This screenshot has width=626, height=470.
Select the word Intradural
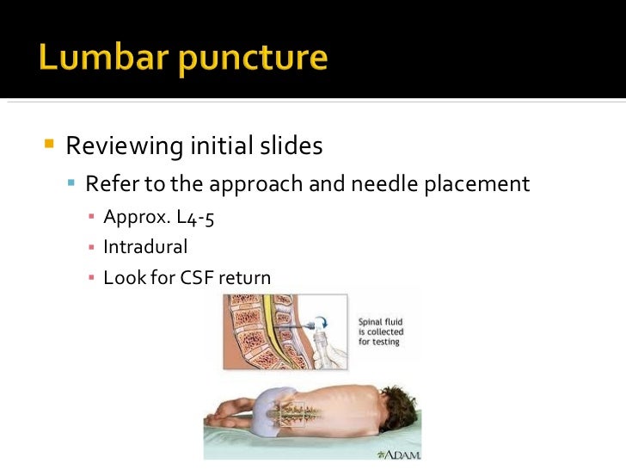(144, 247)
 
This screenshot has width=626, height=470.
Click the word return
(245, 278)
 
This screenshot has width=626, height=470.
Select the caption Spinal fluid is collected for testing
(381, 332)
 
